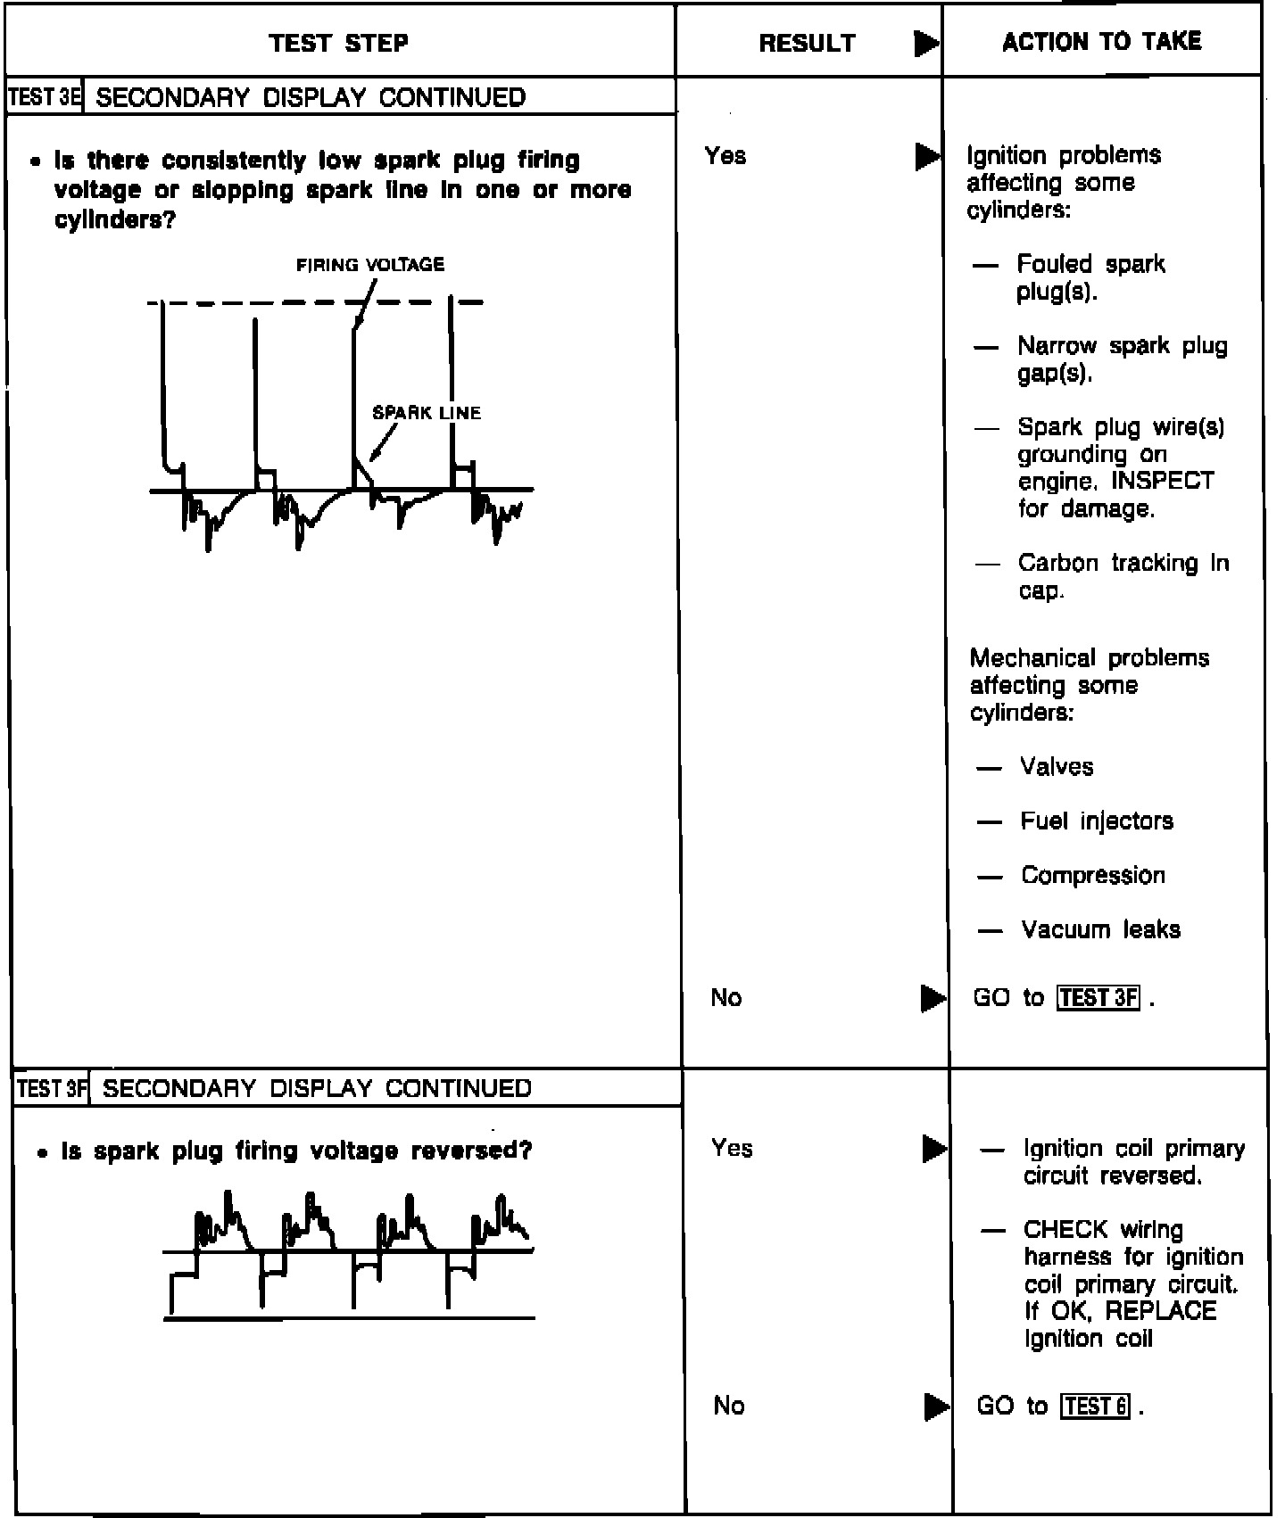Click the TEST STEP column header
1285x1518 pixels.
[338, 43]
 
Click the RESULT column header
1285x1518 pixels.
[807, 43]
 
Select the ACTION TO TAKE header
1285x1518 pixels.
[1101, 41]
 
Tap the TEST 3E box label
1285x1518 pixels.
[45, 97]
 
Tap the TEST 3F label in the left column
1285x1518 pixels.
[52, 1088]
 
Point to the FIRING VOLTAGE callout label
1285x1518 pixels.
[370, 265]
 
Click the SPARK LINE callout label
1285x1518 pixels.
[427, 413]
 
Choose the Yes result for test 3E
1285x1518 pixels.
[725, 156]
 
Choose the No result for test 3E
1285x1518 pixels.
[726, 997]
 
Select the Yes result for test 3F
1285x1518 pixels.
[732, 1148]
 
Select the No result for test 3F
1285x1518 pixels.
[729, 1406]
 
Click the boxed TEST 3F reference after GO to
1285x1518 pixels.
[1098, 997]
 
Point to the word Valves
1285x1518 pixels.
[1057, 767]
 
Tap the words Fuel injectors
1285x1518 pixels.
[1097, 821]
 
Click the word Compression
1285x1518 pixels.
[1093, 875]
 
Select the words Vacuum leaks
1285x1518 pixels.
[1100, 929]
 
